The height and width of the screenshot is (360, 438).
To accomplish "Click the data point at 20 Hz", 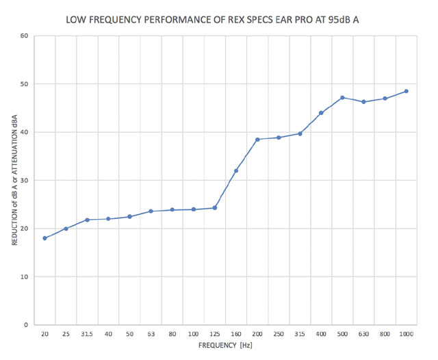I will pos(44,238).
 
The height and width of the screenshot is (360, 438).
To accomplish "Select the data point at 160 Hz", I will pos(236,171).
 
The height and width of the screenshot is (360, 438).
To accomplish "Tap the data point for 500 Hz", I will pos(342,98).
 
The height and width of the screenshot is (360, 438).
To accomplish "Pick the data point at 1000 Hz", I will pos(406,91).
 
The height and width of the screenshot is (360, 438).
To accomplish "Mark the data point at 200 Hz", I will pos(257,140).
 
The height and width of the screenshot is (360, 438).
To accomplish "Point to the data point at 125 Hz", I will pos(215,207).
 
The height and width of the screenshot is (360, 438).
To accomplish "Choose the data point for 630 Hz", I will pos(363,102).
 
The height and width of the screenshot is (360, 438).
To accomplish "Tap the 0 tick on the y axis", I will pos(25,325).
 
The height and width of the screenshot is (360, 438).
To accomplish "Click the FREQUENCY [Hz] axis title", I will pos(226,346).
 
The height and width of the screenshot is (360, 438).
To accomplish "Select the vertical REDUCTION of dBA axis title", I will pos(13,181).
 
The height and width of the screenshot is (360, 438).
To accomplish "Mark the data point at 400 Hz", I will pos(321,113).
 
